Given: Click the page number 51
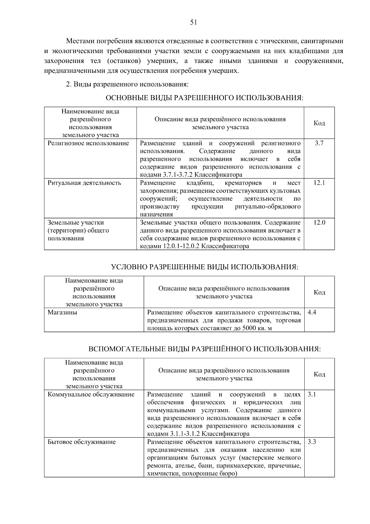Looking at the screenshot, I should (193, 22).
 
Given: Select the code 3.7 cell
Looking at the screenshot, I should (319, 143).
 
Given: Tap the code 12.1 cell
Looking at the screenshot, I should (319, 183).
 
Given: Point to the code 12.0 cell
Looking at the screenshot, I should (319, 223).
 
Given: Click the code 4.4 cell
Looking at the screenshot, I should (312, 312).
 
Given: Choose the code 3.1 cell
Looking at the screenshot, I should (312, 394).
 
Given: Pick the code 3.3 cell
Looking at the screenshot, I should (312, 442).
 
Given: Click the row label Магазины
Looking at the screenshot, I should (62, 312).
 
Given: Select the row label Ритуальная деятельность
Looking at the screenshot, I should (84, 183).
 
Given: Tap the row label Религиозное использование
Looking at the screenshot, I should (88, 143).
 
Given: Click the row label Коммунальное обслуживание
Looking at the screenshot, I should (91, 394).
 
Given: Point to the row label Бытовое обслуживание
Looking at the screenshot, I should (82, 442).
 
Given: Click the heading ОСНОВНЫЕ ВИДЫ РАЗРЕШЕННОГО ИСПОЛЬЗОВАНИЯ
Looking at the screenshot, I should (204, 98).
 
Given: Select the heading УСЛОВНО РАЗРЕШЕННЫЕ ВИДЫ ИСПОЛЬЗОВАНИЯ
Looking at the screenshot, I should (204, 267).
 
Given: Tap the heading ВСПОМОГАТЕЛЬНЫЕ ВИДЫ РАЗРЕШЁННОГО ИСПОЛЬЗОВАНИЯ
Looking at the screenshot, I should (204, 349).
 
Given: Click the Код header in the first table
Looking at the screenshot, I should (319, 123).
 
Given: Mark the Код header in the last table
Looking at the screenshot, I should (319, 374).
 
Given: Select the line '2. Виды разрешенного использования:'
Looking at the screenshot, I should (127, 84).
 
